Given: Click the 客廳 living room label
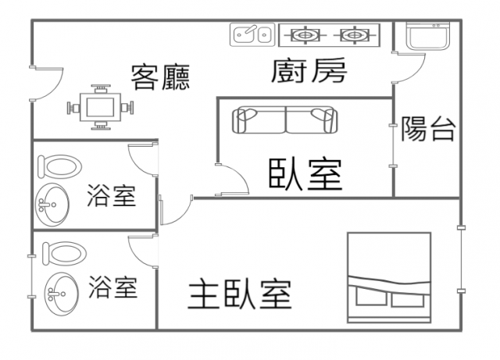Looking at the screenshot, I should point(161,76).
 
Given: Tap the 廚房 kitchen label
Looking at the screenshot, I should point(309,72).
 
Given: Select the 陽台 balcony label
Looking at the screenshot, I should point(427,128).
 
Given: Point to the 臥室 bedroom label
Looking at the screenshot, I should point(305,174).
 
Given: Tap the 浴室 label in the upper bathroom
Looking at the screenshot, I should point(111,195).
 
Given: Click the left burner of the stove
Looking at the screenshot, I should point(305,34).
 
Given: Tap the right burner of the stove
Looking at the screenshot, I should point(353,34).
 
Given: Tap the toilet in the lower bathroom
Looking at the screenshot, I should point(61,252).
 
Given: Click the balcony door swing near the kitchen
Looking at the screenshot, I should point(411,66).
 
